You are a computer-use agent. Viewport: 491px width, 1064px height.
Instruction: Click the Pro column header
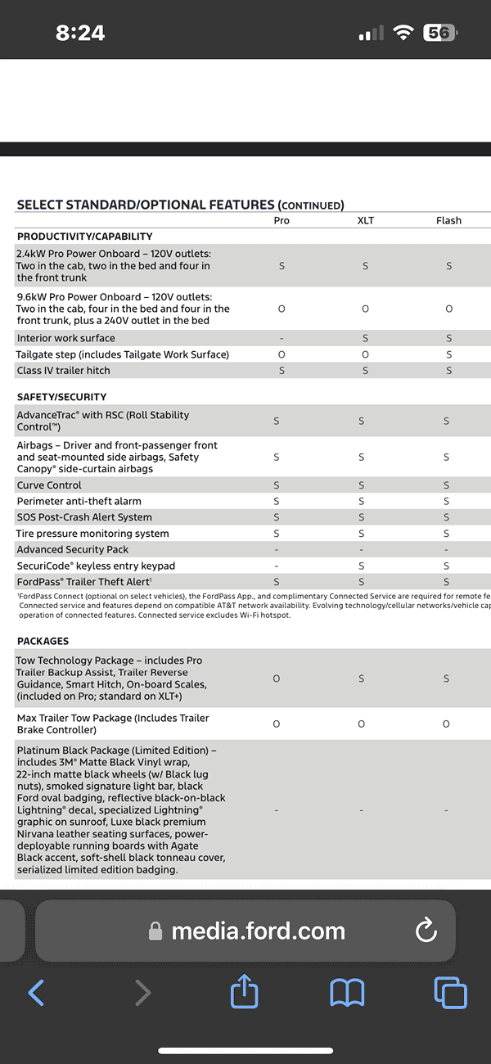[x=282, y=220]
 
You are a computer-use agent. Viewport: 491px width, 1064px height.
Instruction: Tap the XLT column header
[x=365, y=220]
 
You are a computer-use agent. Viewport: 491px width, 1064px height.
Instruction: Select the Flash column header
[x=448, y=220]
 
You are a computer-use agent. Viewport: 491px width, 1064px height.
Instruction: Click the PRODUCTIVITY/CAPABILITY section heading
[x=85, y=237]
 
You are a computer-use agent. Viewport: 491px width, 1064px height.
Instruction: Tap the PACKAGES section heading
[x=43, y=641]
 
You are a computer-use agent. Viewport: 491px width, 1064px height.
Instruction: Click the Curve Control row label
[x=50, y=485]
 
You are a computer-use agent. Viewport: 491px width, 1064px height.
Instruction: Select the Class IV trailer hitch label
[x=64, y=371]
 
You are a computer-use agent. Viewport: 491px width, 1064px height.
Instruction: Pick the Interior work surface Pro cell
[x=282, y=338]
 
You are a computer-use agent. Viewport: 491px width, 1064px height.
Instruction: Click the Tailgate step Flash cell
[x=448, y=354]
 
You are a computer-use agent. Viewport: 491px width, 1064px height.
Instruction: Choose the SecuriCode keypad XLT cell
[x=361, y=566]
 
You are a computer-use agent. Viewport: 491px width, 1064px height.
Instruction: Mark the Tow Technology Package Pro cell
[x=277, y=679]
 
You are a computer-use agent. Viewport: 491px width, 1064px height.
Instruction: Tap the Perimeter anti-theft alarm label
[x=79, y=501]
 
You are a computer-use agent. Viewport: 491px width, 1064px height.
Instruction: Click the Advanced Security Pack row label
[x=73, y=550]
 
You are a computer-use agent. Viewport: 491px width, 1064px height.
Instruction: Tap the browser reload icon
[x=426, y=930]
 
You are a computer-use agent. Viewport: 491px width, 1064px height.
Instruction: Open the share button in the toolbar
[x=244, y=993]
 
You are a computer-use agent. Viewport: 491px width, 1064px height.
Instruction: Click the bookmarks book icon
[x=347, y=993]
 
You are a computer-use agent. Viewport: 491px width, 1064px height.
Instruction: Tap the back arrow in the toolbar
[x=36, y=993]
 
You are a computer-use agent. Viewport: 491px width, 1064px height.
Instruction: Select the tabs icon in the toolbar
[x=450, y=993]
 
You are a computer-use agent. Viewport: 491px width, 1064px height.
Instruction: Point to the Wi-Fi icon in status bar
[x=403, y=33]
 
